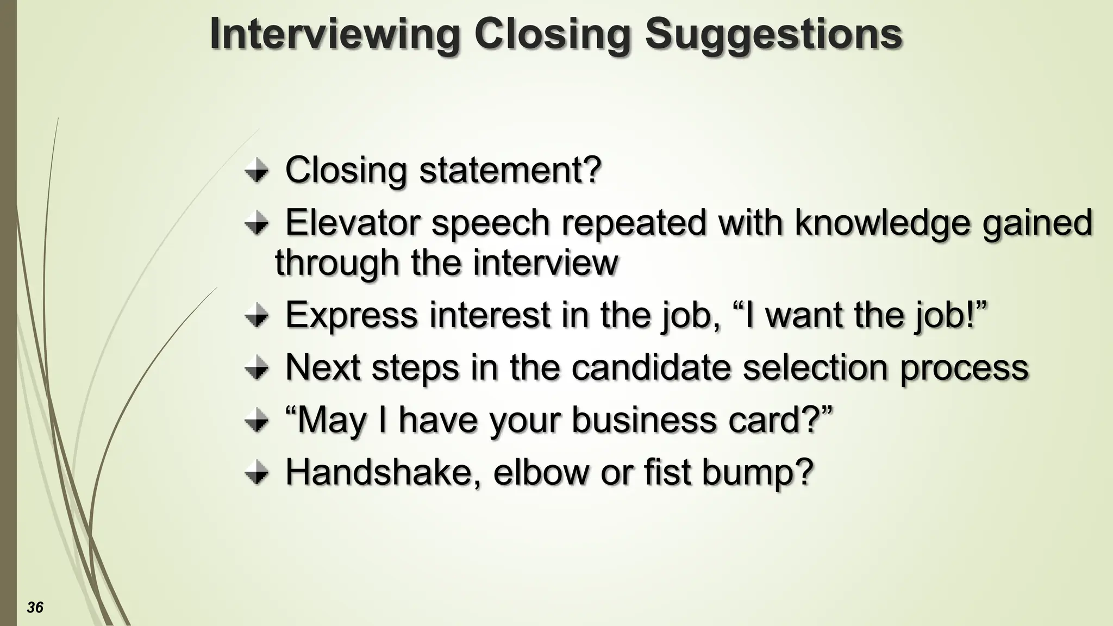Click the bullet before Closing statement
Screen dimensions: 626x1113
tap(256, 172)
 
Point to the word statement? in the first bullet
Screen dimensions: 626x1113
tap(510, 170)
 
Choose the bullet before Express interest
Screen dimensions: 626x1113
tap(256, 316)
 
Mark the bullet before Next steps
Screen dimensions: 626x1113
tap(256, 369)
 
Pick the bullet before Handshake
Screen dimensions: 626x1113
tap(256, 473)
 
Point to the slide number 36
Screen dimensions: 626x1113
tap(35, 608)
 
